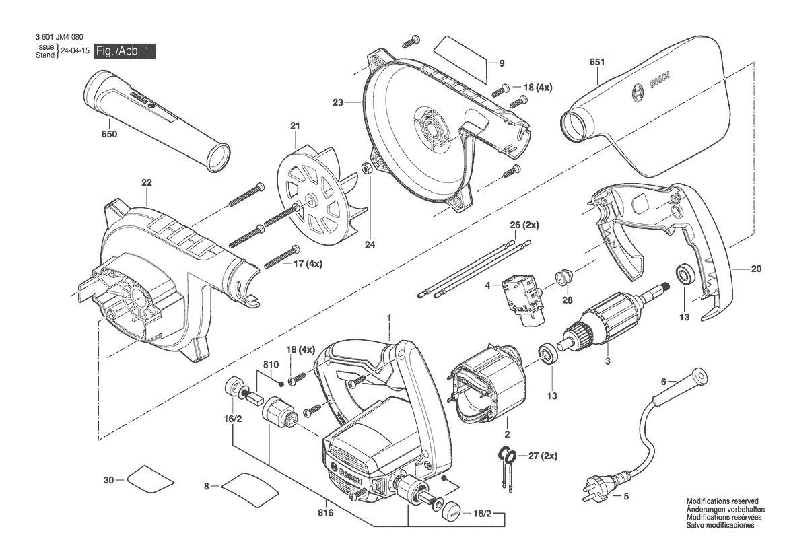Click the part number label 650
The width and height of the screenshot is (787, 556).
109,134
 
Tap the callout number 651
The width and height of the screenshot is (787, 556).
597,63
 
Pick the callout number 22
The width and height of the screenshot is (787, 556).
147,182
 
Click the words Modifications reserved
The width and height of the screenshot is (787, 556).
722,501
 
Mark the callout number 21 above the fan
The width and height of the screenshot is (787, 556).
294,126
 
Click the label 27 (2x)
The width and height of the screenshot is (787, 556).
543,456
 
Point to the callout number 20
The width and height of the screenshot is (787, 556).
756,269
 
